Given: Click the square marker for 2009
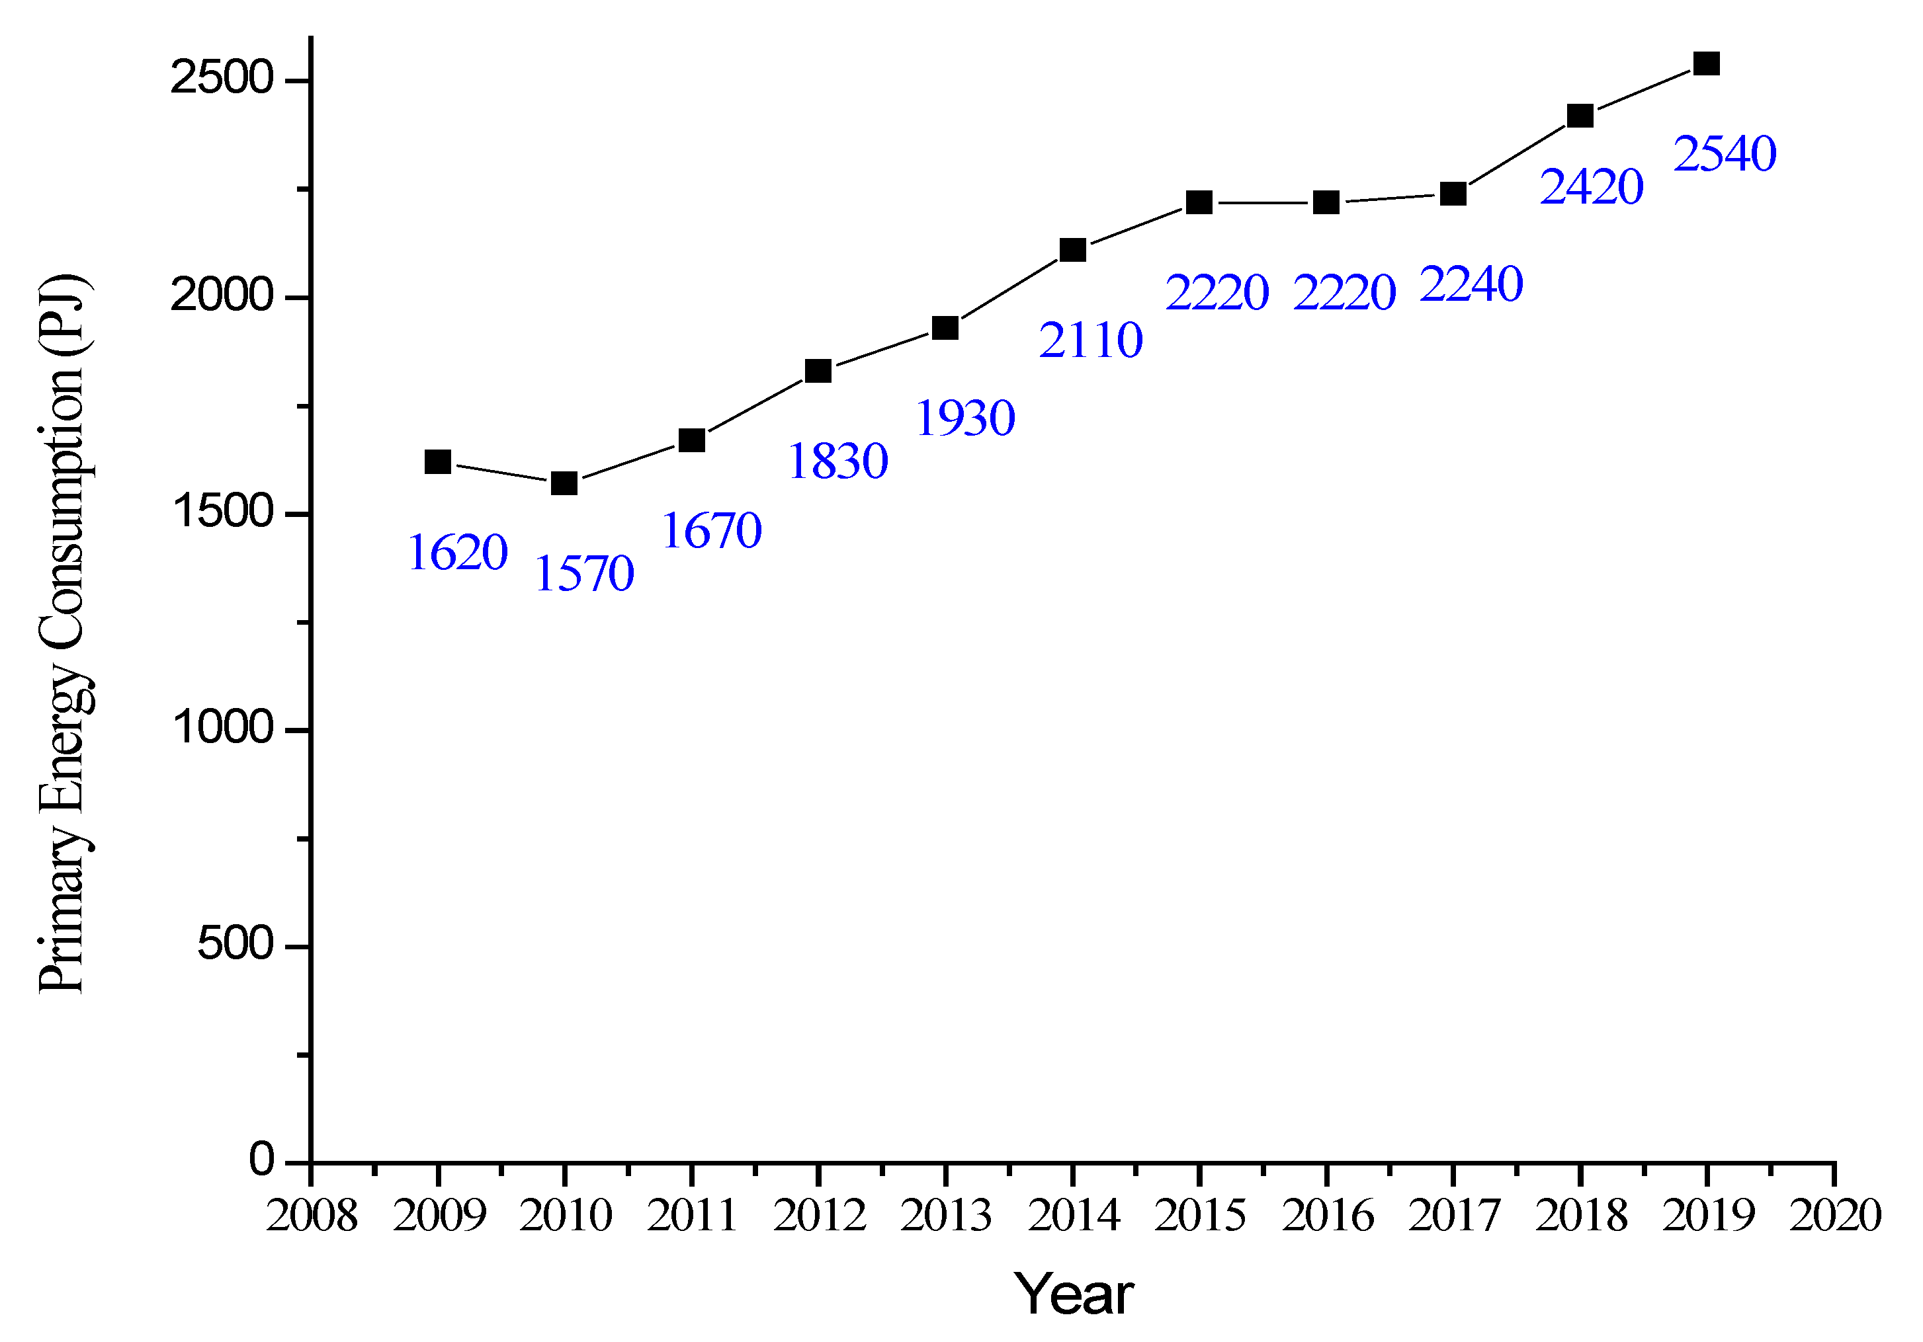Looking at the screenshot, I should point(437,461).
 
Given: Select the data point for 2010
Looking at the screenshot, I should point(564,483).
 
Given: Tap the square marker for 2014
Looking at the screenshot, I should point(1073,249).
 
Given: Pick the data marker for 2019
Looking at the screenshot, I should point(1707,63).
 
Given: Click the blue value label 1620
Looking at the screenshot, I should point(458,553).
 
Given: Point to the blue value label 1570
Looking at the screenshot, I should point(585,574).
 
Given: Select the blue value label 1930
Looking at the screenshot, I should point(966,418).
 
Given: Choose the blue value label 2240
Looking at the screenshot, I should point(1472,285).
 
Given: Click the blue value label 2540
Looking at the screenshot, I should point(1725,154).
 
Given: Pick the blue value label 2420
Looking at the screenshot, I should point(1592,186).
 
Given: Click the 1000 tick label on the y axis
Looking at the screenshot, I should point(223,727).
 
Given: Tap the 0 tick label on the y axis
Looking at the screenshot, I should point(261,1160).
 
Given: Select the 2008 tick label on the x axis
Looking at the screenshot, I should point(312,1216).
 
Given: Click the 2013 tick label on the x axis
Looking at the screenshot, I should point(945,1216).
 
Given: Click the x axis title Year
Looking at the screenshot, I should point(1074,1294).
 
